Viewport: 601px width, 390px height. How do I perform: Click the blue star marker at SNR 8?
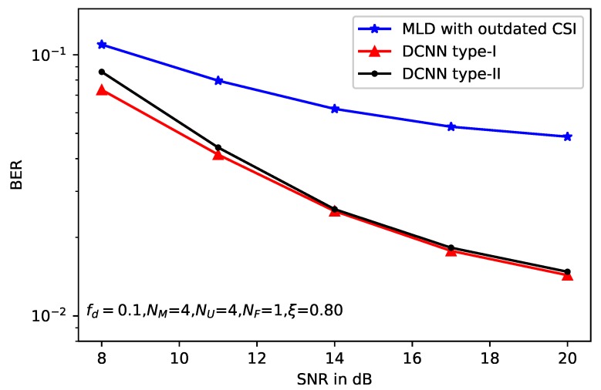coord(101,45)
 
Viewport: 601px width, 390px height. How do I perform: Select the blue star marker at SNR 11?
coord(218,80)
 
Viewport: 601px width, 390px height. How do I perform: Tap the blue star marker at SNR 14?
coord(335,109)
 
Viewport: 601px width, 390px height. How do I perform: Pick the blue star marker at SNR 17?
coord(451,126)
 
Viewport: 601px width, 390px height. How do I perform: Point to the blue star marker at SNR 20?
coord(568,136)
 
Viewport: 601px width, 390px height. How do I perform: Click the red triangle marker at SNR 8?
coord(101,90)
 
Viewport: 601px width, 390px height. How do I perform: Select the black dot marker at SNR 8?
coord(101,72)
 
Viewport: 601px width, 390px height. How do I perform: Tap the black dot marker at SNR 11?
coord(218,147)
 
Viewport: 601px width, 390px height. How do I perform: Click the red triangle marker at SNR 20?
coord(568,275)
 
